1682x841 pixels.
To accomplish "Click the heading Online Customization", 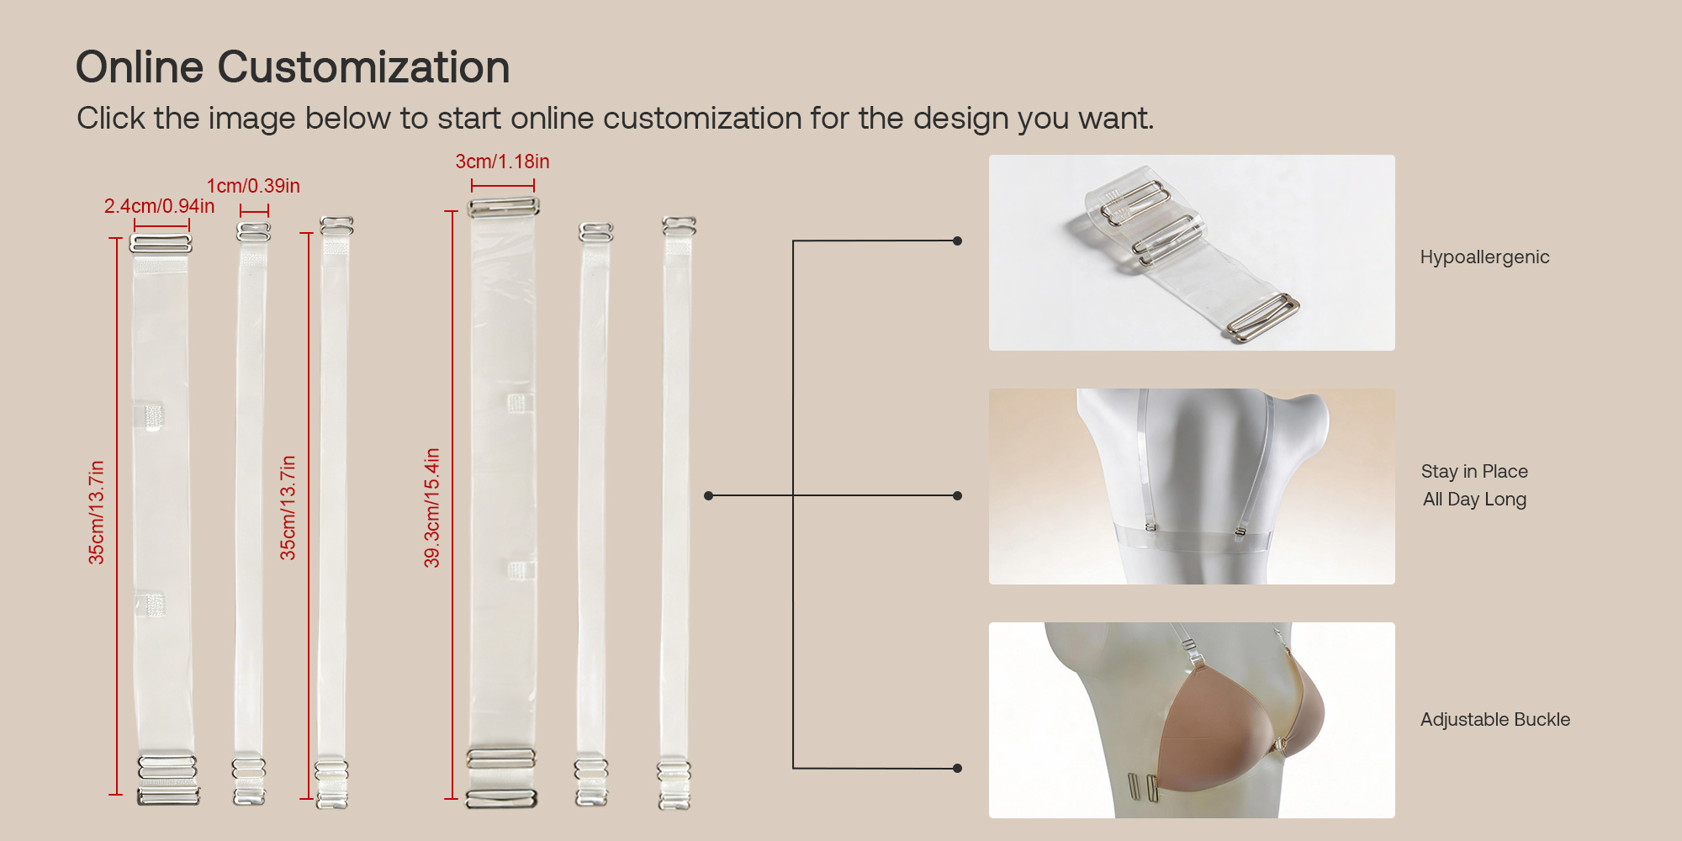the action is coord(293,67).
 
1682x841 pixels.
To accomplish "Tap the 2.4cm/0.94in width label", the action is coord(159,206).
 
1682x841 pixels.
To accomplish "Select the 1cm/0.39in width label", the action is coord(253,186).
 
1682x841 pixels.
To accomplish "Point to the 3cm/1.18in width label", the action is coord(502,161).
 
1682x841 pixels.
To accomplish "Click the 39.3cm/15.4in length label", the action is coord(431,507).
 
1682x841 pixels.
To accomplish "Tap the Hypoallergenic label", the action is coord(1484,257).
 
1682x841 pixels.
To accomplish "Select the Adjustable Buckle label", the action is coord(1495,719).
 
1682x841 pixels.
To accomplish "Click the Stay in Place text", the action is coord(1474,471).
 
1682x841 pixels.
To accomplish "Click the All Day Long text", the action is coord(1474,499).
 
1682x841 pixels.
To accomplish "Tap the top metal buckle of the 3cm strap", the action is coord(503,207).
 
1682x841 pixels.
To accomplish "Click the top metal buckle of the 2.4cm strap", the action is coord(161,244).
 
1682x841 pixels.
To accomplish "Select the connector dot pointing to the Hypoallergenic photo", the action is coord(957,241).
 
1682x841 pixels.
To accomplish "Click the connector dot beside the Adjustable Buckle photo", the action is coord(957,768).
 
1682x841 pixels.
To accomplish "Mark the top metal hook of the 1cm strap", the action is coord(253,231).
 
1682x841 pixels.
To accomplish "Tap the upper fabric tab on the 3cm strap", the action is coord(517,403).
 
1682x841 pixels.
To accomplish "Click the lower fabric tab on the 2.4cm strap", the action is coord(150,604).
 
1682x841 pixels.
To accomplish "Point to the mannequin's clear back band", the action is coord(1193,537).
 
